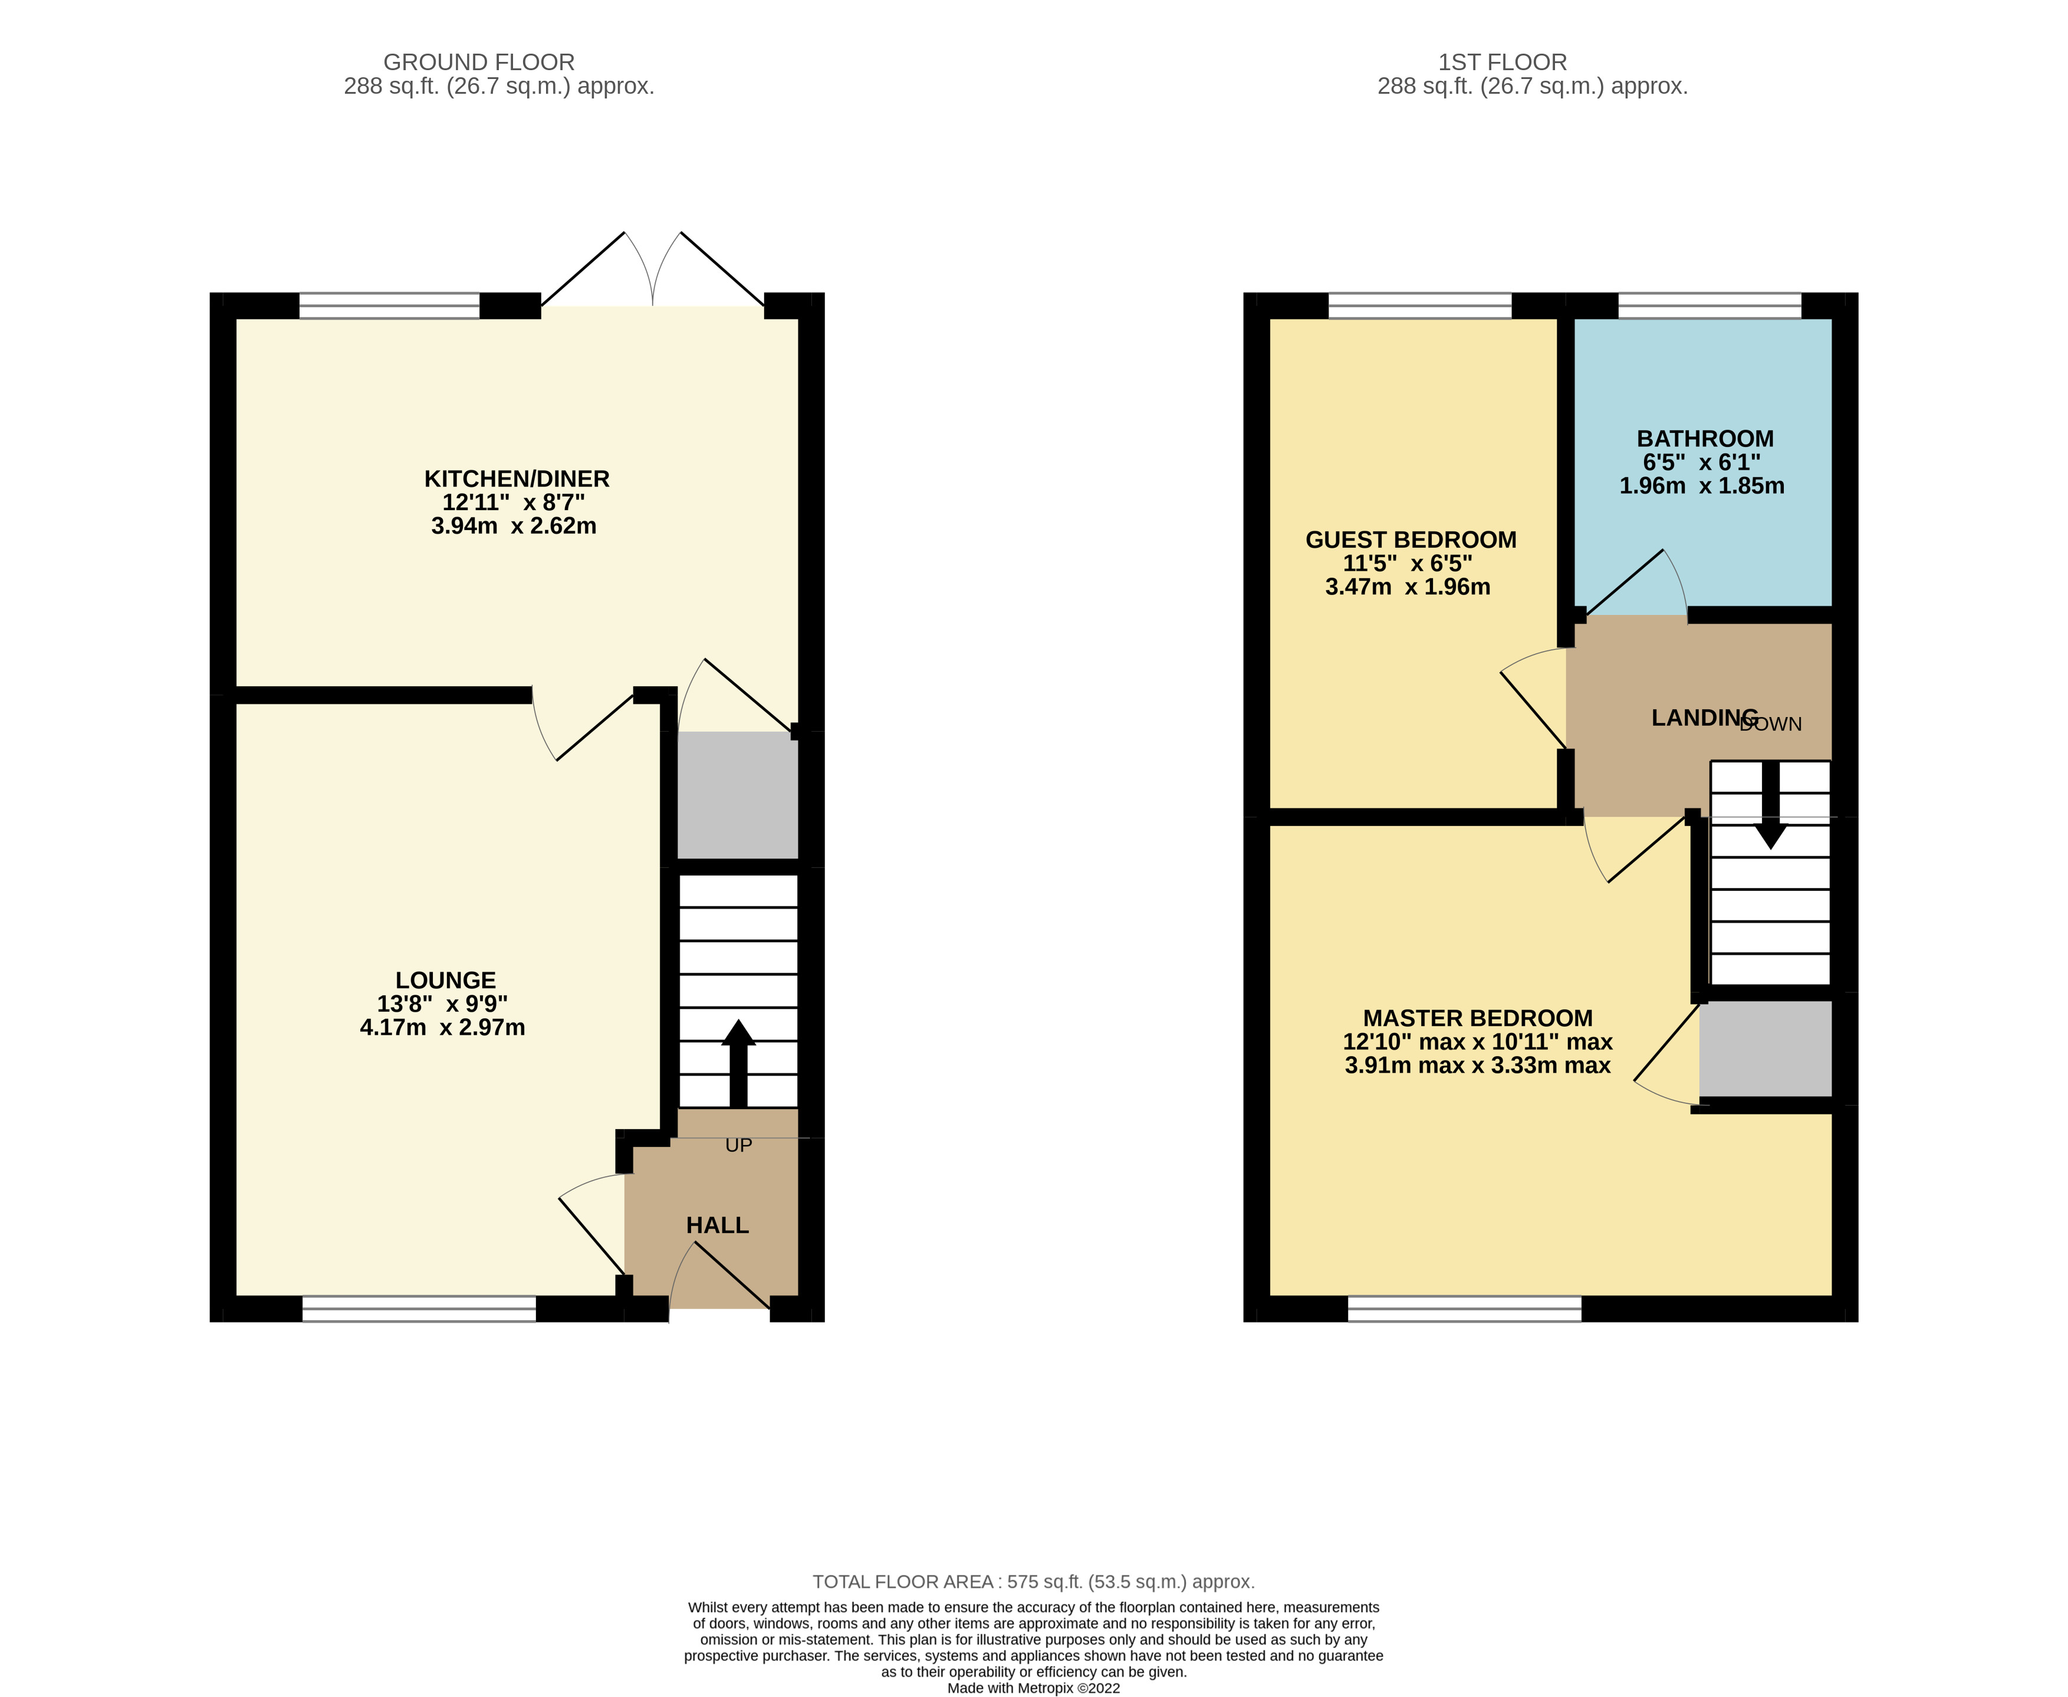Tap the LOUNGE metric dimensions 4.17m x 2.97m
click(x=443, y=1027)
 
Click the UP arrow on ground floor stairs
click(x=738, y=1061)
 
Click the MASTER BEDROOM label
click(x=1478, y=1018)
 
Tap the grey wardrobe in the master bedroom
click(x=1765, y=1048)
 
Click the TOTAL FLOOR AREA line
click(x=1033, y=1581)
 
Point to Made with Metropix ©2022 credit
click(x=1033, y=1687)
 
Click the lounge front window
click(x=419, y=1309)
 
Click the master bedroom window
click(x=1464, y=1309)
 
